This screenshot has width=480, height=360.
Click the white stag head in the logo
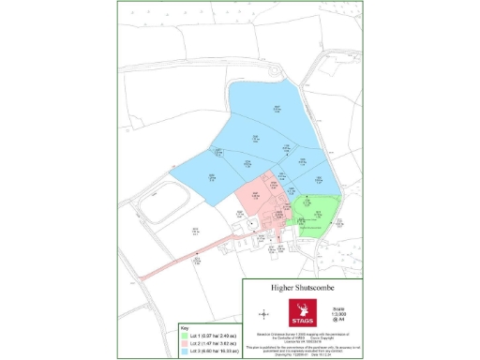tap(304, 308)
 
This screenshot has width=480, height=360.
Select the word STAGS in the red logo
tap(304, 319)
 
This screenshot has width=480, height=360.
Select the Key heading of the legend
tap(184, 328)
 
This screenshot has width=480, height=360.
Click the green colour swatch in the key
tap(184, 335)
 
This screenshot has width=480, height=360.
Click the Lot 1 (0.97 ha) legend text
tap(213, 335)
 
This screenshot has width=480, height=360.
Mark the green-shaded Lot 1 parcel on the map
tap(314, 211)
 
